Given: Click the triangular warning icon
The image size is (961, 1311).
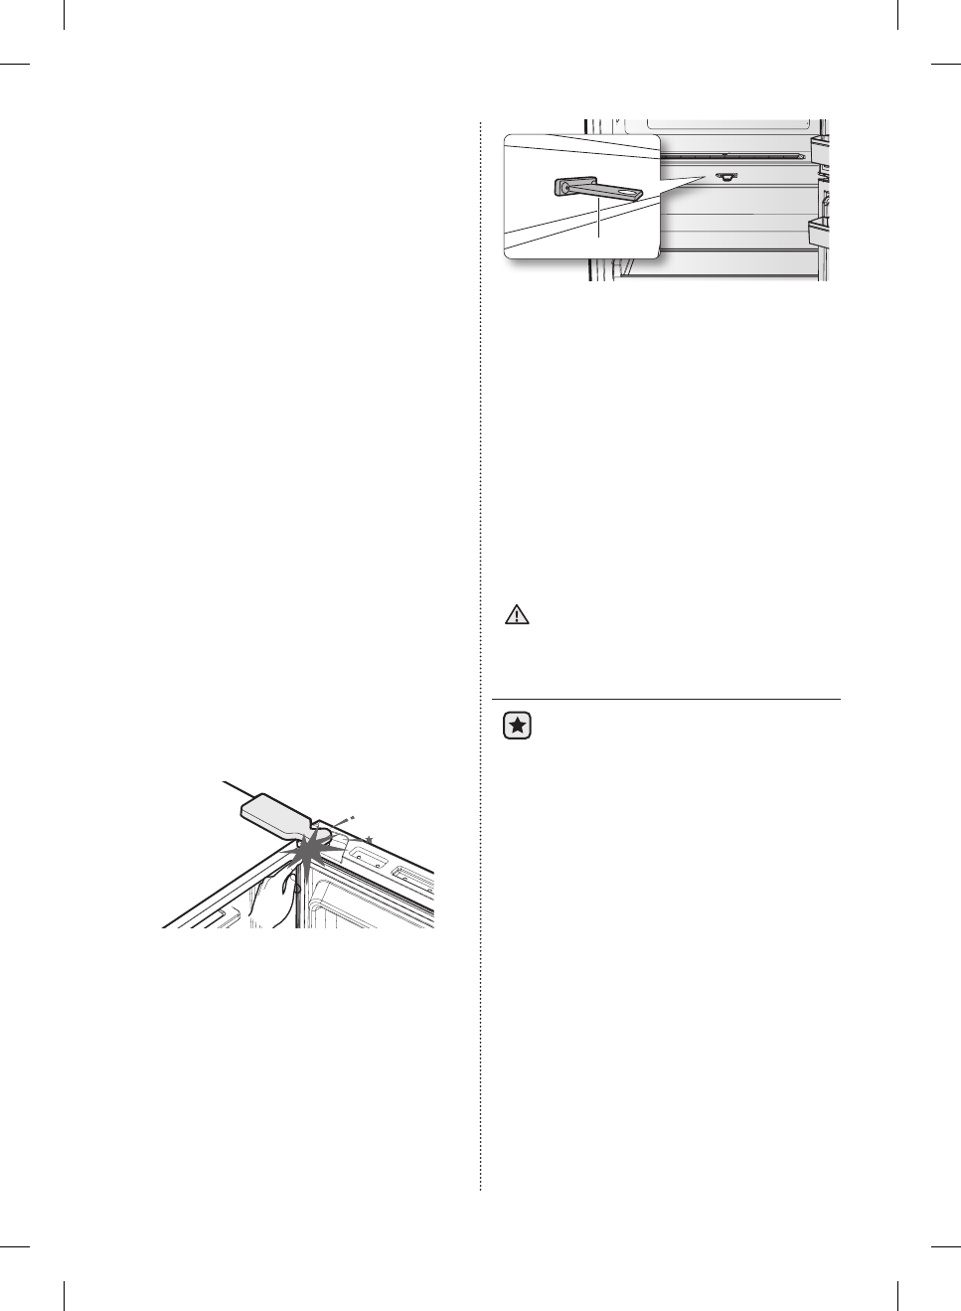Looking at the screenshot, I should [x=517, y=615].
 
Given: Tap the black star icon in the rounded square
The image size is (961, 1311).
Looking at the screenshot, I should [x=517, y=727].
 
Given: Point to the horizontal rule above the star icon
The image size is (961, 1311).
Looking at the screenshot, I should [x=666, y=699].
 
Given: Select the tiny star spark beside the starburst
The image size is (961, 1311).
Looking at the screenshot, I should [x=368, y=840].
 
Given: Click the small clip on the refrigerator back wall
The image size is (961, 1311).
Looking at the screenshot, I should [x=724, y=177].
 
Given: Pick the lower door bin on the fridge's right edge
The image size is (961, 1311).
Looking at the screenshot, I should [x=821, y=236].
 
